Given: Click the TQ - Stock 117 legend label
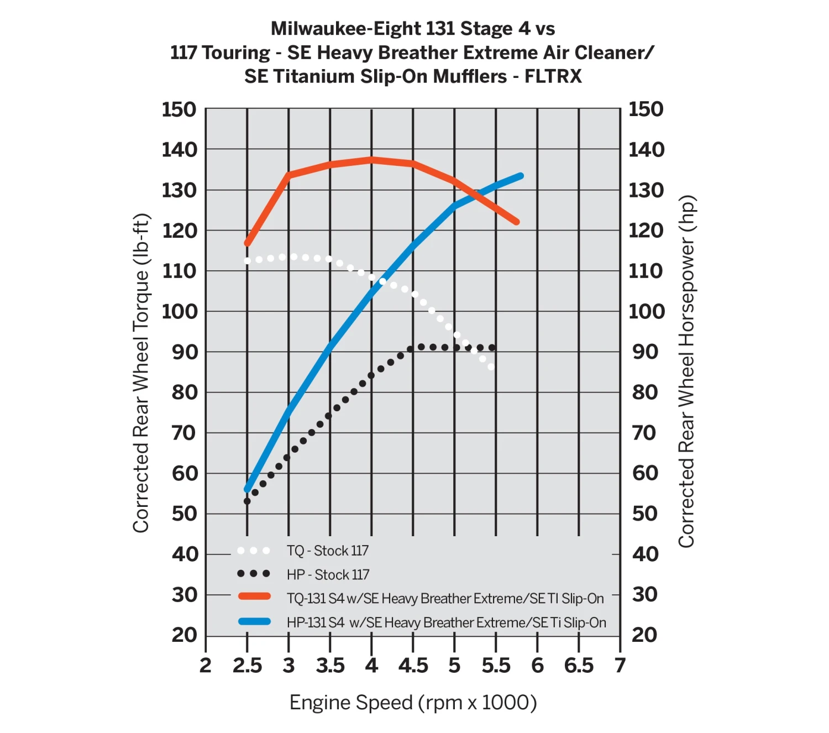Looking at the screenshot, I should click(327, 551).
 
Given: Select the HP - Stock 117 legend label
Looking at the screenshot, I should click(328, 575).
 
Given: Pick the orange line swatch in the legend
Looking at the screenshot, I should click(254, 596).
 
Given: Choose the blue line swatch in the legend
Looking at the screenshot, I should click(254, 621).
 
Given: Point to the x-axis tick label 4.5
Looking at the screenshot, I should click(413, 666).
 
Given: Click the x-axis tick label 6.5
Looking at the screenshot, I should click(579, 666).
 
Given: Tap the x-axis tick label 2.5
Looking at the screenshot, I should click(247, 666).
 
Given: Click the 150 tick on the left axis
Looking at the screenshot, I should click(179, 109).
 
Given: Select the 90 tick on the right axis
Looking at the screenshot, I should click(645, 352).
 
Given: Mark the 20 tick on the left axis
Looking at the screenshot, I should click(184, 635).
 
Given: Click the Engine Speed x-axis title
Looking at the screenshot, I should click(413, 703).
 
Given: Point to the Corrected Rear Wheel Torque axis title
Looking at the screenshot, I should click(141, 373).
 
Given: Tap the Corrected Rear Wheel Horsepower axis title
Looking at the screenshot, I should click(686, 371).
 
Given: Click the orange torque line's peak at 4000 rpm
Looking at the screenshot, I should click(371, 160).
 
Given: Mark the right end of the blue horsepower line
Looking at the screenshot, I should click(521, 176).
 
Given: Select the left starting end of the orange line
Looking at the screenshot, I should click(247, 243).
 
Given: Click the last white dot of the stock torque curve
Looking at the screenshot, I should click(491, 366).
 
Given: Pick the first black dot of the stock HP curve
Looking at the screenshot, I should click(247, 501).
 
